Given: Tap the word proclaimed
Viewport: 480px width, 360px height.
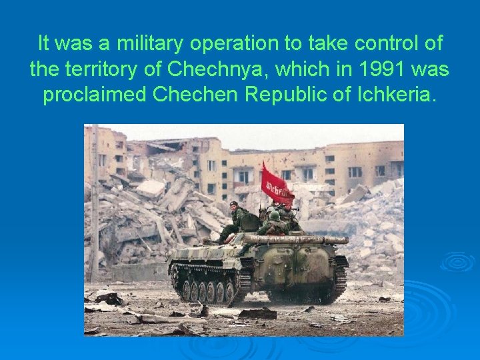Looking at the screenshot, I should click(x=95, y=94).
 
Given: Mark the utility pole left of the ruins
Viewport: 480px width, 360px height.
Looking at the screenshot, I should click(x=94, y=200).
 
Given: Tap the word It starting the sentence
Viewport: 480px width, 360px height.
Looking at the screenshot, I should click(x=44, y=44).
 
